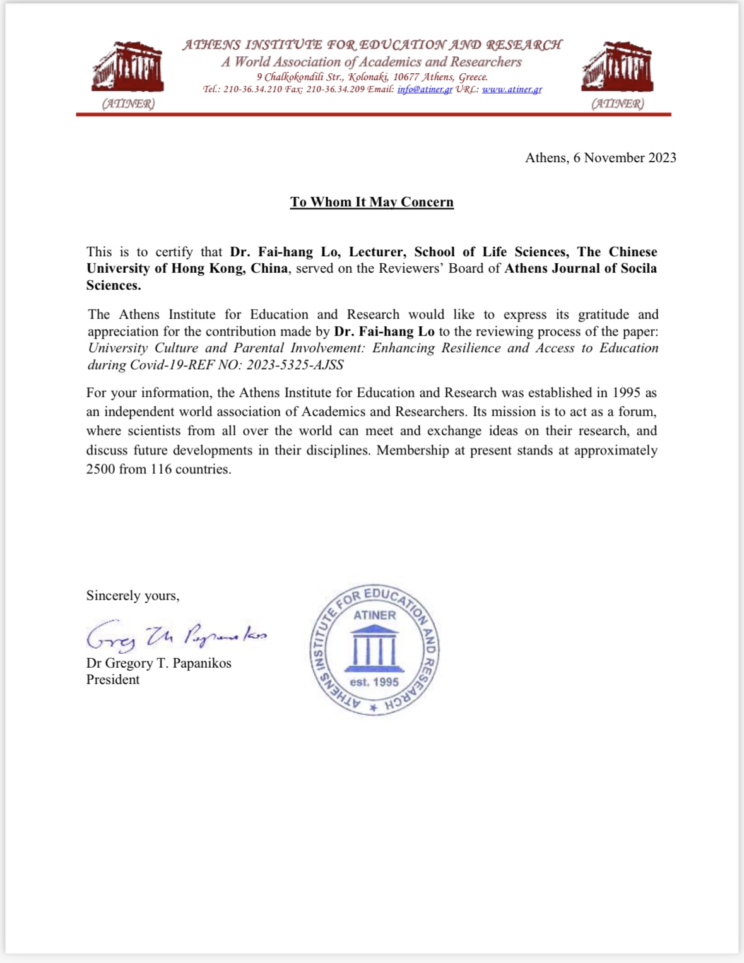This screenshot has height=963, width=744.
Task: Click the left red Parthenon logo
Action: [128, 67]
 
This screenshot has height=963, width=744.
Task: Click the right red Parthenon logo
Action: [617, 67]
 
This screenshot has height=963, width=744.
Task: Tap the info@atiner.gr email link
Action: [425, 89]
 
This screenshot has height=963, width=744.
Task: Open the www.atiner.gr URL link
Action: [512, 89]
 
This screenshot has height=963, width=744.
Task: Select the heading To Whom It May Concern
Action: [372, 202]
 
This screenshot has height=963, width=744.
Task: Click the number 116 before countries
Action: [161, 470]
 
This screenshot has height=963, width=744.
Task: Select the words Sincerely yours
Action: [133, 596]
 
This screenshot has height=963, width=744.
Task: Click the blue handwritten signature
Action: [176, 635]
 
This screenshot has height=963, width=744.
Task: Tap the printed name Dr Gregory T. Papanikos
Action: [158, 663]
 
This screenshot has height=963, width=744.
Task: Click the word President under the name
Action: [113, 680]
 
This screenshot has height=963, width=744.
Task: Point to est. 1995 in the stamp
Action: [374, 682]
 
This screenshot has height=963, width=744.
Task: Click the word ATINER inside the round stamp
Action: [374, 615]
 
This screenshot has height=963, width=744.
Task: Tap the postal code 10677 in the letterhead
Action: [406, 77]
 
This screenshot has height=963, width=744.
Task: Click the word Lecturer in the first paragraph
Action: [379, 252]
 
